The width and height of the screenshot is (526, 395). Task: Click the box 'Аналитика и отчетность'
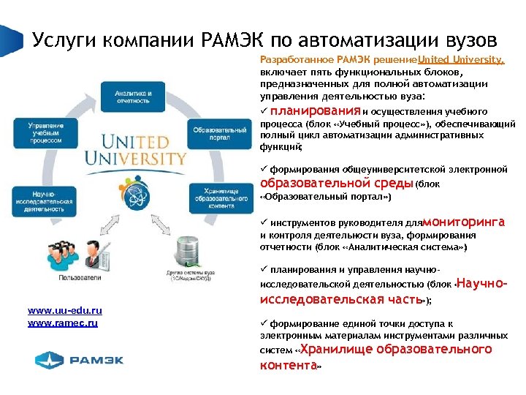pyautogui.click(x=133, y=97)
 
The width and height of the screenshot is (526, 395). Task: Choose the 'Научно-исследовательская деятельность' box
pyautogui.click(x=43, y=198)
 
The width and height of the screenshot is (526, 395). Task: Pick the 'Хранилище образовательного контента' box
pyautogui.click(x=214, y=197)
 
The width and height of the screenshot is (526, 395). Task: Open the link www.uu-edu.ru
pyautogui.click(x=64, y=312)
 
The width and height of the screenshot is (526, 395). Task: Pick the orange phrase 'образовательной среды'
pyautogui.click(x=337, y=183)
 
